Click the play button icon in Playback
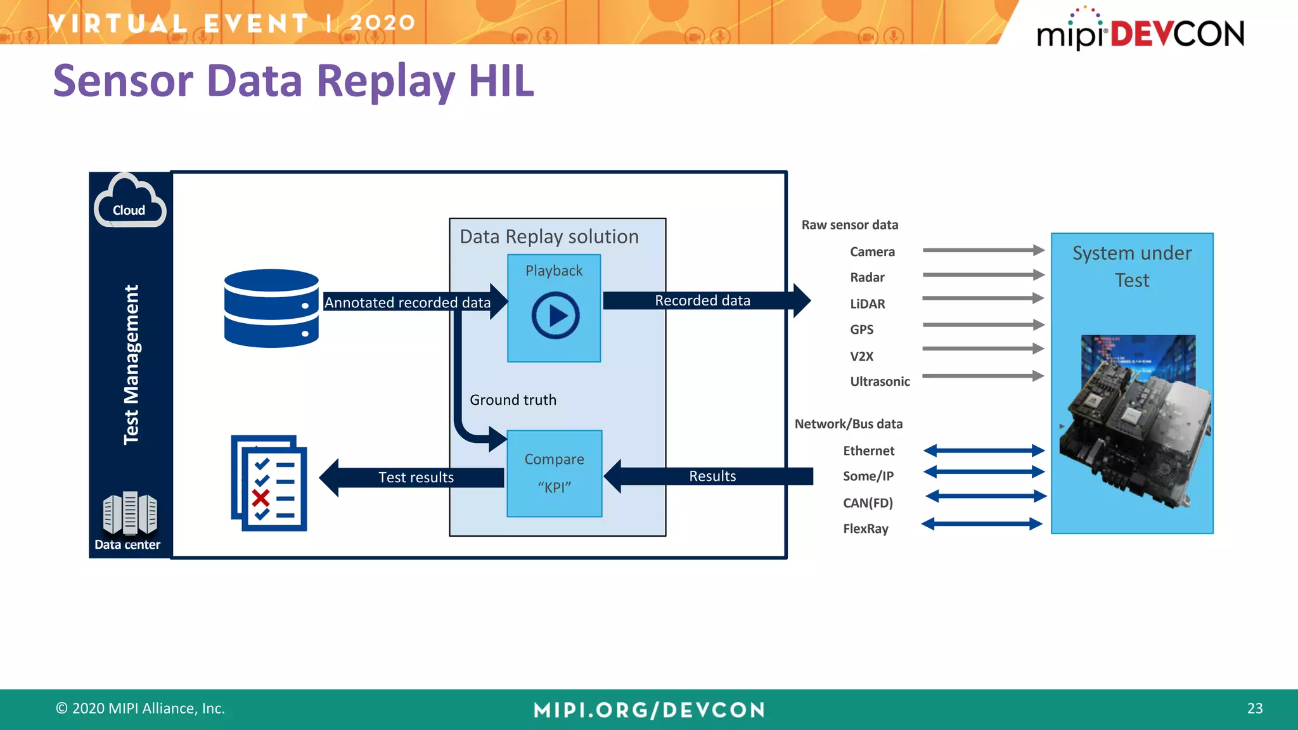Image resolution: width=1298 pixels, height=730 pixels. click(x=555, y=315)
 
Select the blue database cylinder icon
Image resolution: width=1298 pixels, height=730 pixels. click(x=271, y=309)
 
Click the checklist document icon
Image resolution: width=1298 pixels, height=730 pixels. click(x=269, y=483)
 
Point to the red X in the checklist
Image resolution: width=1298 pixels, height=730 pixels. click(x=260, y=497)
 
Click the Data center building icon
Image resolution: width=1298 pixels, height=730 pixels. click(x=129, y=513)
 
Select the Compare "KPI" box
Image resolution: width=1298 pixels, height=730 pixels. click(x=555, y=473)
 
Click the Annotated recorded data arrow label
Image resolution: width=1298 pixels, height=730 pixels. click(x=408, y=302)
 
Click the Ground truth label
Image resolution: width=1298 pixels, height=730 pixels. click(x=513, y=400)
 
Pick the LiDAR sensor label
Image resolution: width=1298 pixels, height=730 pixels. click(x=867, y=304)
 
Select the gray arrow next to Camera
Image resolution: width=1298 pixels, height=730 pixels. click(x=983, y=250)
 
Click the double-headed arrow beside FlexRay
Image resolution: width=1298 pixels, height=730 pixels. click(x=982, y=524)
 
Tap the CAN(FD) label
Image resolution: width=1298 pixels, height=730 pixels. click(x=868, y=503)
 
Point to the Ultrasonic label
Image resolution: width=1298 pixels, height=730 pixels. click(x=880, y=381)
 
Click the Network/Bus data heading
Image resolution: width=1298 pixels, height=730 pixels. click(x=849, y=424)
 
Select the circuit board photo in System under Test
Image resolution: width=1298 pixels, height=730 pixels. click(x=1135, y=419)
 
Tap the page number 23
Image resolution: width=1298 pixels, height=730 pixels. click(x=1254, y=708)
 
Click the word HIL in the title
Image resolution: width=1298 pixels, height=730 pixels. click(x=501, y=81)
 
